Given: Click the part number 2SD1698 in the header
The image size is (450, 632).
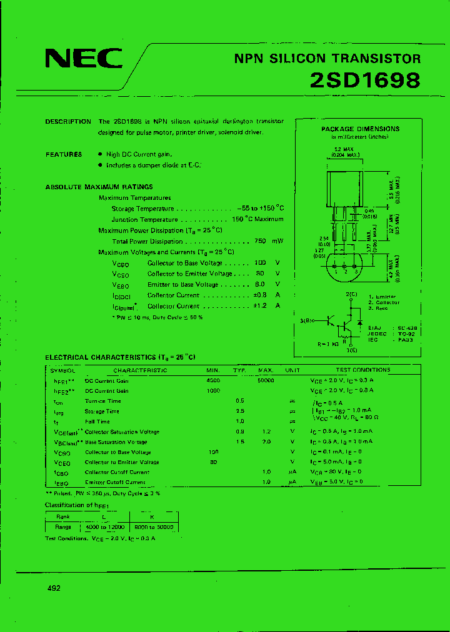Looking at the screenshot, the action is click(x=365, y=81).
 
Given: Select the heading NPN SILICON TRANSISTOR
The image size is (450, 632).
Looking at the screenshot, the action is click(x=327, y=59).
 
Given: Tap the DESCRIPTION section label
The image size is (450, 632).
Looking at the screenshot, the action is click(x=68, y=122).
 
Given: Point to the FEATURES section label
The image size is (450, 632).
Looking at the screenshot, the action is click(x=64, y=154).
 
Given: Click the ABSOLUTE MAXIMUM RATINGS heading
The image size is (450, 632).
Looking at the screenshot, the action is click(x=99, y=187).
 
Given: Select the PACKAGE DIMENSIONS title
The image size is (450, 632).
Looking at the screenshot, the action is click(x=360, y=129).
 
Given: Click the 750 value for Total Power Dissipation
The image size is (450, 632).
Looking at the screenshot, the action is click(x=261, y=241).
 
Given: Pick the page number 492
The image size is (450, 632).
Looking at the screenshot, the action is click(x=54, y=588).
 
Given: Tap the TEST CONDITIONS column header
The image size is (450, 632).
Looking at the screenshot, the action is click(x=362, y=370).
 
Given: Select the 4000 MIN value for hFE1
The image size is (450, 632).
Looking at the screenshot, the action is click(x=213, y=380).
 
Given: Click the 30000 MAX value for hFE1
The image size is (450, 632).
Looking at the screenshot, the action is click(x=266, y=380).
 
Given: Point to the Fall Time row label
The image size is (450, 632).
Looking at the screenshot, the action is click(x=98, y=422).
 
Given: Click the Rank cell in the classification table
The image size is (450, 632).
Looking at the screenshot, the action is click(x=63, y=516).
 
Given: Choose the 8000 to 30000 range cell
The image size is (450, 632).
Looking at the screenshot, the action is click(x=154, y=527).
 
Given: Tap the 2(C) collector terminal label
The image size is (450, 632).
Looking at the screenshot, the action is click(x=351, y=294).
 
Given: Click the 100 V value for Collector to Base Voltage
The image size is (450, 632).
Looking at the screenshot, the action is click(x=261, y=263).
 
